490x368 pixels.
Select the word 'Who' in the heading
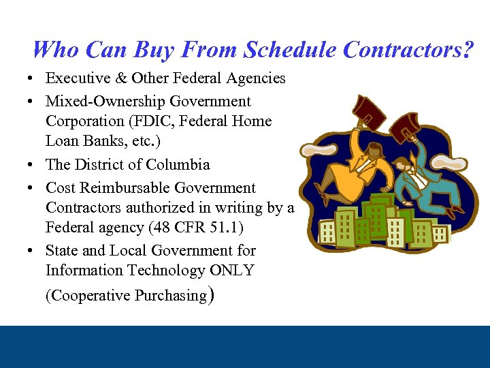[x=50, y=49]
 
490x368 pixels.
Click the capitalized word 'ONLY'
[x=231, y=271]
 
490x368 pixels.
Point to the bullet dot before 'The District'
[x=33, y=165]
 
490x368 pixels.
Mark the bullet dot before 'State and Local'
[x=33, y=251]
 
